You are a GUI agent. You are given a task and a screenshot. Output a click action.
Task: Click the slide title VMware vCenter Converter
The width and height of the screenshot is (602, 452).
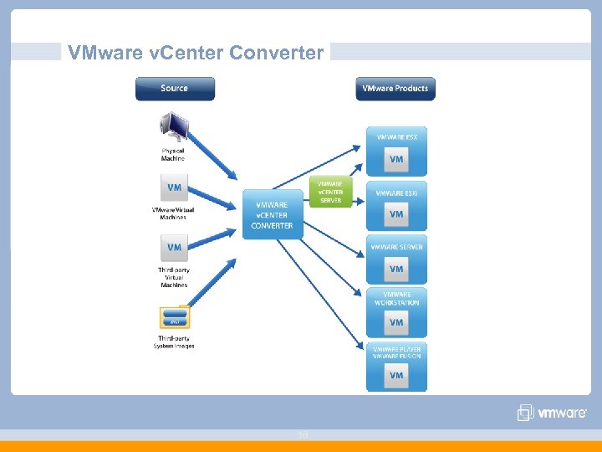(196, 53)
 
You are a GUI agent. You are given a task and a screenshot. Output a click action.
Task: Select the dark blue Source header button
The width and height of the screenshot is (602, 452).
(175, 89)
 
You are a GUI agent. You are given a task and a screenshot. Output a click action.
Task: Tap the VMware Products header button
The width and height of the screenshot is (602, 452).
(395, 89)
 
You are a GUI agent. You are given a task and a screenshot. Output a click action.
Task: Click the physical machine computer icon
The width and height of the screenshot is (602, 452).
(174, 129)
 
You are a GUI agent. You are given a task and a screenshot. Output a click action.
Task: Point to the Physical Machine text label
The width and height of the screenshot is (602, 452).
(173, 155)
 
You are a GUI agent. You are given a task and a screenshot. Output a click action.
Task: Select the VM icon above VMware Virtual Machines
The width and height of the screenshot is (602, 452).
(174, 187)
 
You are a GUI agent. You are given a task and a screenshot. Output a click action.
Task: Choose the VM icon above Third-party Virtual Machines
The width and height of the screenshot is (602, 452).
(174, 247)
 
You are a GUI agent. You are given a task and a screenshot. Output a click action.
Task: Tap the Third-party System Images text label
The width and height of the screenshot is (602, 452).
(174, 342)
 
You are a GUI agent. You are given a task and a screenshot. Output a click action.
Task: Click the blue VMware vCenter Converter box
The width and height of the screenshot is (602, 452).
(272, 214)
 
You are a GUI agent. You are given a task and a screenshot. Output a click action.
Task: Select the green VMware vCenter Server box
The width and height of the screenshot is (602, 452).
(330, 192)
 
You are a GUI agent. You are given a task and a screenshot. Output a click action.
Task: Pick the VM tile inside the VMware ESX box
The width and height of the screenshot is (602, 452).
(396, 159)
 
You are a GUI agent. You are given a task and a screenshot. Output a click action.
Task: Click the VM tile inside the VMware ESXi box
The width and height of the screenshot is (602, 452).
(396, 214)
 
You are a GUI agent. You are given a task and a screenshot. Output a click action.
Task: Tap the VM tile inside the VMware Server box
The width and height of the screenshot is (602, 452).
(396, 269)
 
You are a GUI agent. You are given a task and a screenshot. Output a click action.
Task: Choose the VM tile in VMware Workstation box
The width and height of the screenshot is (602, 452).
(396, 322)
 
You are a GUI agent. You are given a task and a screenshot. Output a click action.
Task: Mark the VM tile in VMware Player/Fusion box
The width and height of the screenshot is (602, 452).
(396, 376)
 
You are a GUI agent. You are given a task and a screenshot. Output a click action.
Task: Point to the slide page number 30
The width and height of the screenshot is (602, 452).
(302, 435)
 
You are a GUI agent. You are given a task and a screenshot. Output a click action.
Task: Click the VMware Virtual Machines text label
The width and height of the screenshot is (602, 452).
(173, 213)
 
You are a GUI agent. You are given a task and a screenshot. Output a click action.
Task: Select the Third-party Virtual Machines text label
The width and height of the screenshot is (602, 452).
(174, 277)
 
